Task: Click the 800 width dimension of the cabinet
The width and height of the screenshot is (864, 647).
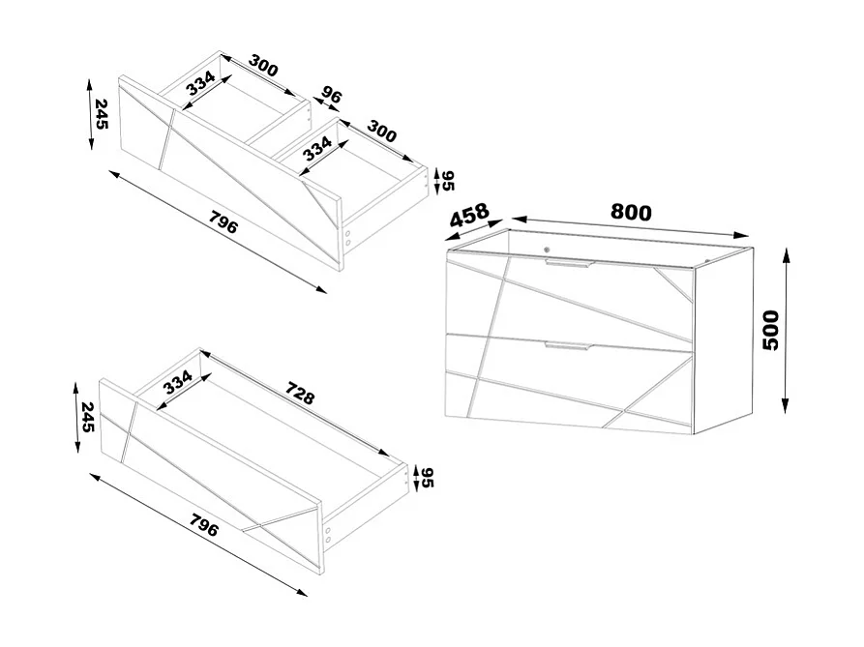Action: click(x=631, y=212)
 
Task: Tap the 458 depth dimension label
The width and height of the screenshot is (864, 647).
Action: click(x=468, y=218)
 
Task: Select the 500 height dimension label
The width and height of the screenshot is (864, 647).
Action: click(x=771, y=331)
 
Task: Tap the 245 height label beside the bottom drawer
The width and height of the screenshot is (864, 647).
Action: click(x=88, y=417)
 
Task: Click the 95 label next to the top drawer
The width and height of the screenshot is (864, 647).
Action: click(x=448, y=180)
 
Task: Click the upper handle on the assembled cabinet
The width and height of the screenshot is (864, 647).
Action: click(x=567, y=264)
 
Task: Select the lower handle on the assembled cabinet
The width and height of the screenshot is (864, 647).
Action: click(x=567, y=345)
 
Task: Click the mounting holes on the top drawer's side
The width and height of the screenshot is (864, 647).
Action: click(x=346, y=238)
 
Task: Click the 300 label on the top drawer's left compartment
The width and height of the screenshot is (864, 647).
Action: click(x=262, y=68)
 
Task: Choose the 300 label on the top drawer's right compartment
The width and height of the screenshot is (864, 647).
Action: click(x=381, y=133)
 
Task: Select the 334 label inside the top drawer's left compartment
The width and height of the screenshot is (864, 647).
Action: click(x=201, y=82)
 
